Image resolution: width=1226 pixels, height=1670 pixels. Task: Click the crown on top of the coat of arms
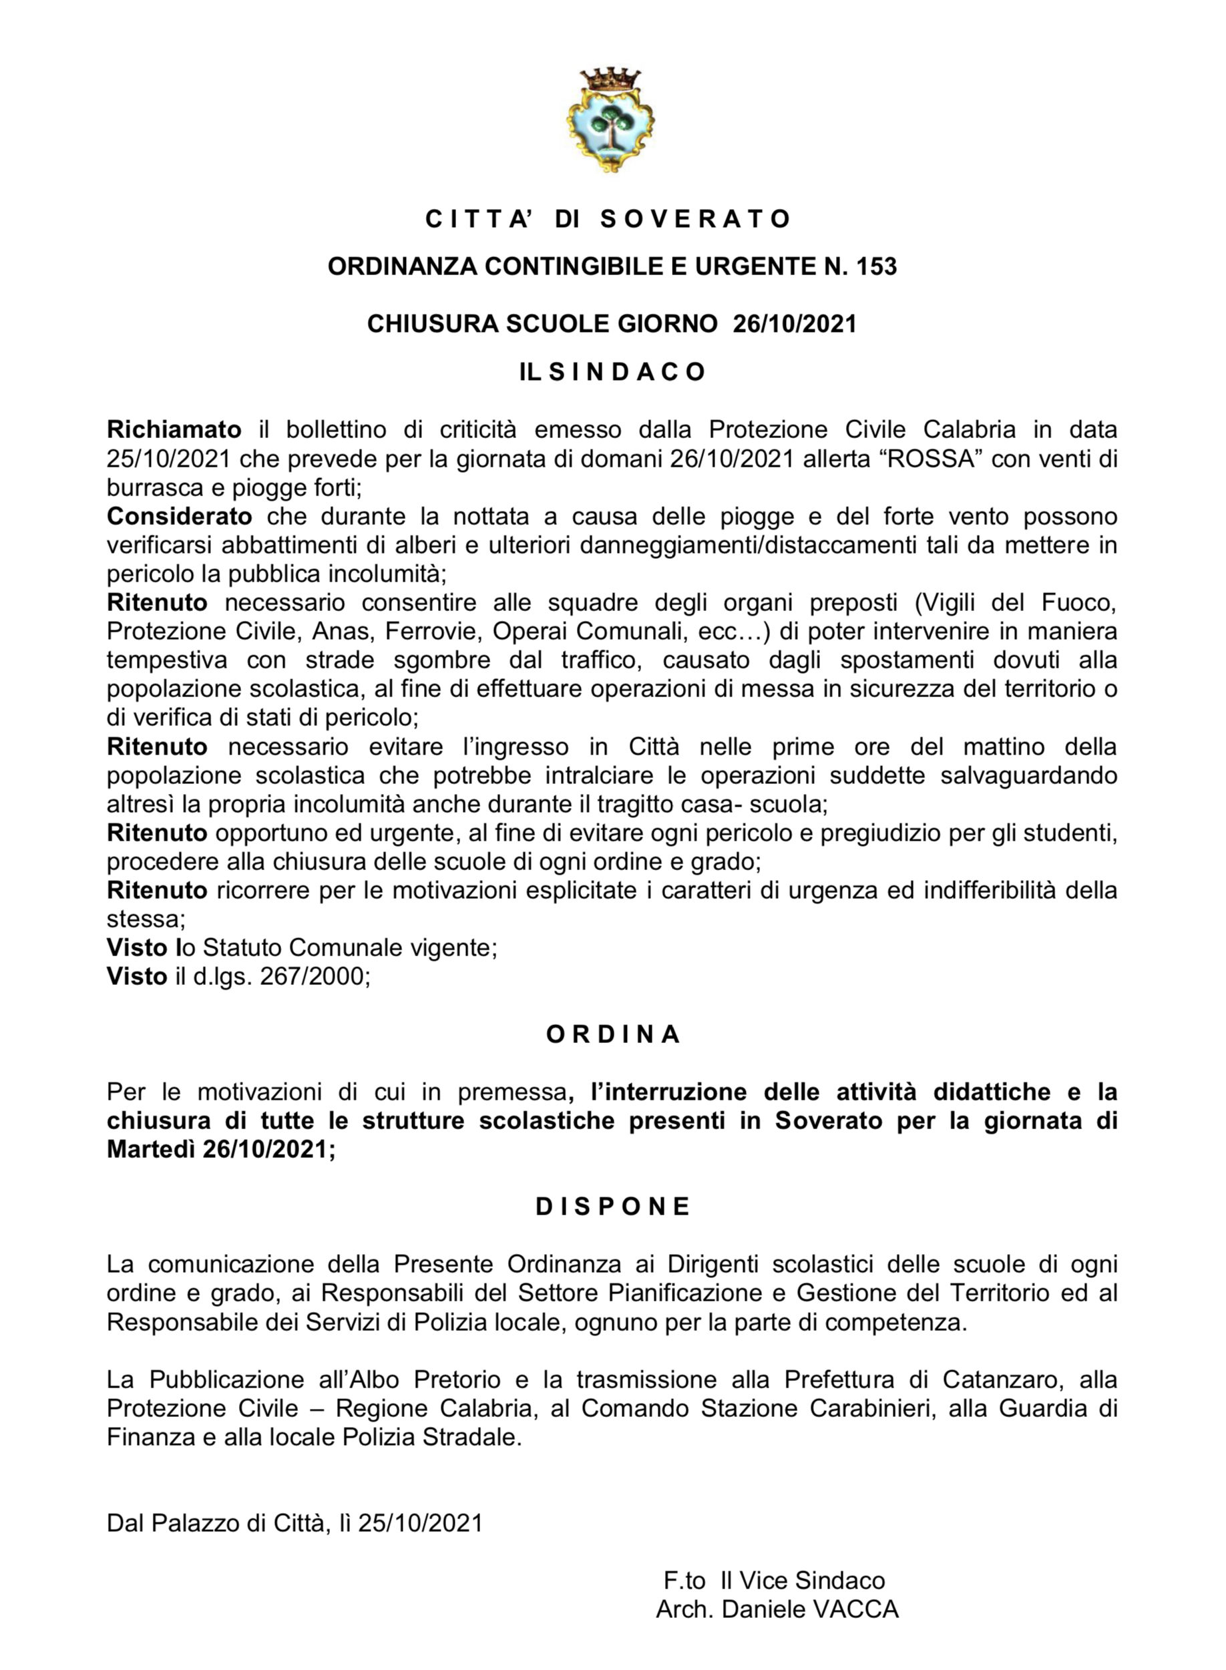point(610,78)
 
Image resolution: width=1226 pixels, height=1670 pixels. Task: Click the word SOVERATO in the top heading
point(696,219)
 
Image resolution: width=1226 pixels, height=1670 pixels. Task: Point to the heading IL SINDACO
point(612,372)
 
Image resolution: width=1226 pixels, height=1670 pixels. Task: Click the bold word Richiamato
point(174,429)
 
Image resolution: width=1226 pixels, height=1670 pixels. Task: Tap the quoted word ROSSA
point(931,459)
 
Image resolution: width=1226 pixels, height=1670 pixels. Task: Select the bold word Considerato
point(179,515)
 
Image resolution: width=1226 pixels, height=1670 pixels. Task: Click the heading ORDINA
point(613,1034)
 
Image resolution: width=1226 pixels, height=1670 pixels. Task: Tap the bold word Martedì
point(151,1149)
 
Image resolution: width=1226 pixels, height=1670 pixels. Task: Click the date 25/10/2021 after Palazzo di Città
point(420,1523)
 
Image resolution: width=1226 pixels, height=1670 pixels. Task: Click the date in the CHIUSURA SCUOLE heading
point(794,325)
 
